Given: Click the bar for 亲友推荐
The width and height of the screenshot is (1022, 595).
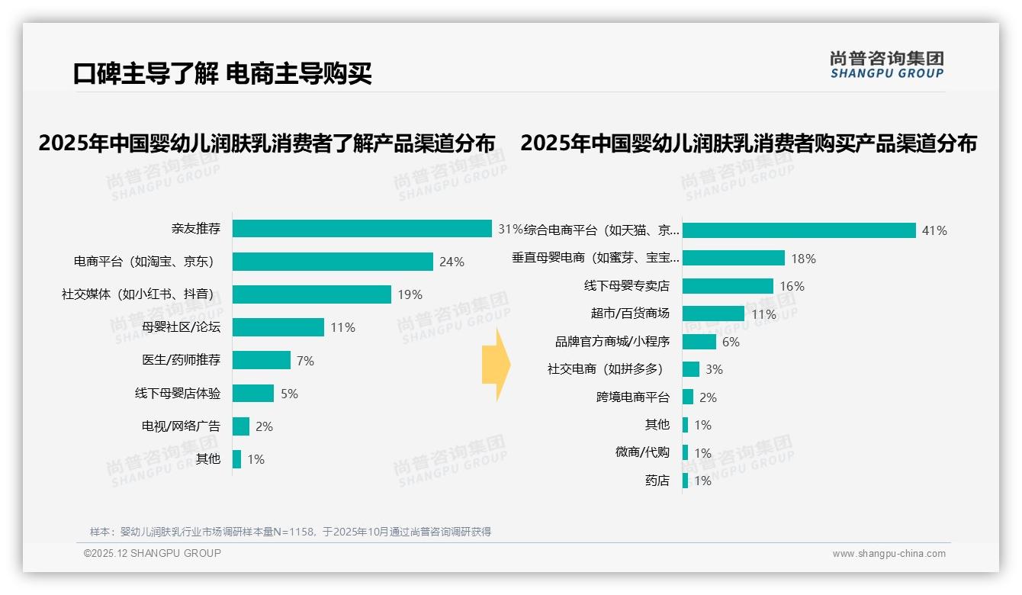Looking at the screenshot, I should pyautogui.click(x=362, y=229).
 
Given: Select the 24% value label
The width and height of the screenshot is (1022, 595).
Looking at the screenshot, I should pyautogui.click(x=452, y=262).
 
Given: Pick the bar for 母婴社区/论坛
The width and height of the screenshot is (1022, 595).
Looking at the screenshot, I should pyautogui.click(x=278, y=327).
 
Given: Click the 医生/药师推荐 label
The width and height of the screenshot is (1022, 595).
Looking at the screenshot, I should pyautogui.click(x=181, y=360).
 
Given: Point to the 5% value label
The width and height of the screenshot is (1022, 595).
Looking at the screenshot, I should pyautogui.click(x=289, y=394).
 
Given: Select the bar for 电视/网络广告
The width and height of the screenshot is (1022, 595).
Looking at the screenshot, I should pyautogui.click(x=241, y=426).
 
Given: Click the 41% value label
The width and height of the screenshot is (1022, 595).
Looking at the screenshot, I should pyautogui.click(x=934, y=230).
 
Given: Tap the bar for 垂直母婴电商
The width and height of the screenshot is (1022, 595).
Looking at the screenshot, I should pyautogui.click(x=733, y=258).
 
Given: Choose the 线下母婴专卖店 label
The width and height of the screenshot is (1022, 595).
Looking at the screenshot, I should pyautogui.click(x=626, y=286).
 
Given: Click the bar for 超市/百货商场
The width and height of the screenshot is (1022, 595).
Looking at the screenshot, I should pyautogui.click(x=713, y=314).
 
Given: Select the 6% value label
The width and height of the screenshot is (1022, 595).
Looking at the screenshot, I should pyautogui.click(x=731, y=342).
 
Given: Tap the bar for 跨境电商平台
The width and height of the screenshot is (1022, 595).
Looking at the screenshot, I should pyautogui.click(x=688, y=397).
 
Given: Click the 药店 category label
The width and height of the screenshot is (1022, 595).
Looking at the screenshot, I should pyautogui.click(x=657, y=481).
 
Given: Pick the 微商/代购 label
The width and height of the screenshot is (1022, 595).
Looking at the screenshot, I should pyautogui.click(x=642, y=452).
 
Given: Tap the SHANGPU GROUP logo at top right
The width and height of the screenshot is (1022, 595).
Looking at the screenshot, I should pyautogui.click(x=886, y=65).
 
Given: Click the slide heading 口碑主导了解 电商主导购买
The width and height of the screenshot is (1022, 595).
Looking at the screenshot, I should pyautogui.click(x=222, y=74).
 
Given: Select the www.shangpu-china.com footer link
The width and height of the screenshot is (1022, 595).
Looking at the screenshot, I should pyautogui.click(x=889, y=554).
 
